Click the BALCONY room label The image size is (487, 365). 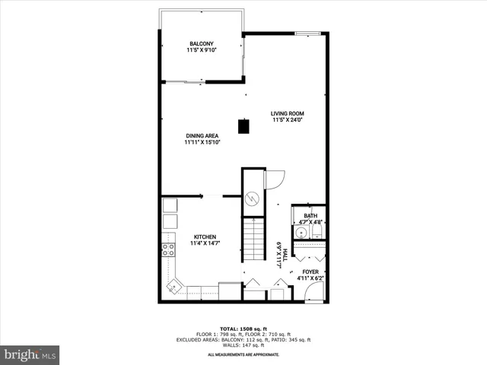pyautogui.click(x=202, y=46)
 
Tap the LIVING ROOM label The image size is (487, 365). pyautogui.click(x=288, y=116)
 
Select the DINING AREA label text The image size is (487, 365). pyautogui.click(x=202, y=138)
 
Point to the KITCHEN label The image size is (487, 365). pyautogui.click(x=205, y=240)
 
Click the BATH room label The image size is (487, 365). pyautogui.click(x=310, y=219)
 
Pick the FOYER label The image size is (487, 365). pyautogui.click(x=310, y=275)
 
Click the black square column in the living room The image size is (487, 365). pyautogui.click(x=243, y=127)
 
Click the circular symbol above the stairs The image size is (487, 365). pyautogui.click(x=253, y=198)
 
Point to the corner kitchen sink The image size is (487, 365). pyautogui.click(x=175, y=287)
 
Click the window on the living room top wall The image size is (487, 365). pyautogui.click(x=307, y=33)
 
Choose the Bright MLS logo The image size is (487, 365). pyautogui.click(x=30, y=354)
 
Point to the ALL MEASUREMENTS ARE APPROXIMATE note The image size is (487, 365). pyautogui.click(x=243, y=355)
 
